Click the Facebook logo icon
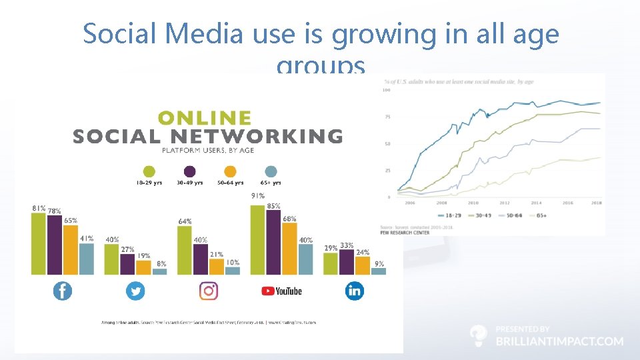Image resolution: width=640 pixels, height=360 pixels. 63,291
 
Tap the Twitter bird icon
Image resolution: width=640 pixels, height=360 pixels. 135,291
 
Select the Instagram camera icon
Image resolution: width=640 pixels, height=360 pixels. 209,291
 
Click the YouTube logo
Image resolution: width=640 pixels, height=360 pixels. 281,291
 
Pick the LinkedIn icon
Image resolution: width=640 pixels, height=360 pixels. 354,291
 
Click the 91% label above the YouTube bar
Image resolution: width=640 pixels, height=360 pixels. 257,196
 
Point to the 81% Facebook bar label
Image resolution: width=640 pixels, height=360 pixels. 39,208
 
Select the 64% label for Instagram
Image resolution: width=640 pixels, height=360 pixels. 185,221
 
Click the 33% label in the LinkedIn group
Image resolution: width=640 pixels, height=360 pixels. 347,245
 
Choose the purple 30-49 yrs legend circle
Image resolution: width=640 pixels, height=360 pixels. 190,171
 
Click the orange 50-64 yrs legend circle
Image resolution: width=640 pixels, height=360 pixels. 230,171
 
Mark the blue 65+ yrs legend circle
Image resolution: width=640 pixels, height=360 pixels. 271,171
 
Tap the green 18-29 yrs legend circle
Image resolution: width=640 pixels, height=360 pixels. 149,171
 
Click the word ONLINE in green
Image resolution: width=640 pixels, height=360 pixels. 205,118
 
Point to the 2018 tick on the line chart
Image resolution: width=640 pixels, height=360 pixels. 597,203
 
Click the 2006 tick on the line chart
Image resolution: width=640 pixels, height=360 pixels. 410,203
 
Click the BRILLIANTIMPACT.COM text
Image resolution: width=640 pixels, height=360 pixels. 559,341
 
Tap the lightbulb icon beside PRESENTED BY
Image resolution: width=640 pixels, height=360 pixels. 478,335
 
